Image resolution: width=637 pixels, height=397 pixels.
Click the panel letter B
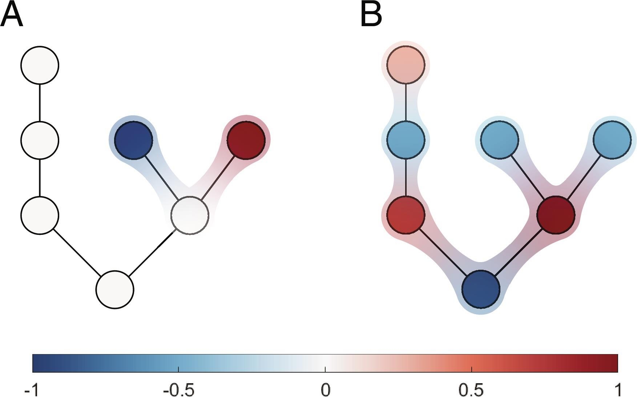[371, 15]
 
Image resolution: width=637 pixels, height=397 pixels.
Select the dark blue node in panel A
[134, 140]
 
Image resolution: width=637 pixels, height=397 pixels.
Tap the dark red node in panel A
[246, 140]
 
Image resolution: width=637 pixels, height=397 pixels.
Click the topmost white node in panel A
[40, 65]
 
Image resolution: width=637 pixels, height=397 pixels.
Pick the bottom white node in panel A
[115, 290]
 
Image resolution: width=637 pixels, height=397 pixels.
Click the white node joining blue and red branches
[190, 215]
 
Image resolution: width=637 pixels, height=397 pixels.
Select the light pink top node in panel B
[406, 65]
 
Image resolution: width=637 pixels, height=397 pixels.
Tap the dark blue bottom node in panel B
[481, 289]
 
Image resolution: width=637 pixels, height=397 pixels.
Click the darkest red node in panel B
[556, 215]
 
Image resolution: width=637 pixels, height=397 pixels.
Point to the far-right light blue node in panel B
[612, 140]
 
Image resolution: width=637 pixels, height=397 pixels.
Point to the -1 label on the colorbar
[31, 390]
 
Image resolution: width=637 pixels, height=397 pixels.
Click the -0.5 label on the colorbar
[178, 390]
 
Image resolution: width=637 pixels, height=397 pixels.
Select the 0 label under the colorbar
[326, 390]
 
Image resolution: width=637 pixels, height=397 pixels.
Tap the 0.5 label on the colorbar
[471, 390]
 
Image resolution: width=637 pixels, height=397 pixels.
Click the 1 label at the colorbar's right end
[618, 390]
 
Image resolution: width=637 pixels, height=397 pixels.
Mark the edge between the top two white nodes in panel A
[40, 103]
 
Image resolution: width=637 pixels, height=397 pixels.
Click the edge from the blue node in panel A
[162, 178]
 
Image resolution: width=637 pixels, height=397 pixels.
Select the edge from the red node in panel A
[218, 178]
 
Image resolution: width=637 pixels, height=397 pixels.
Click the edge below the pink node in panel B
[406, 103]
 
